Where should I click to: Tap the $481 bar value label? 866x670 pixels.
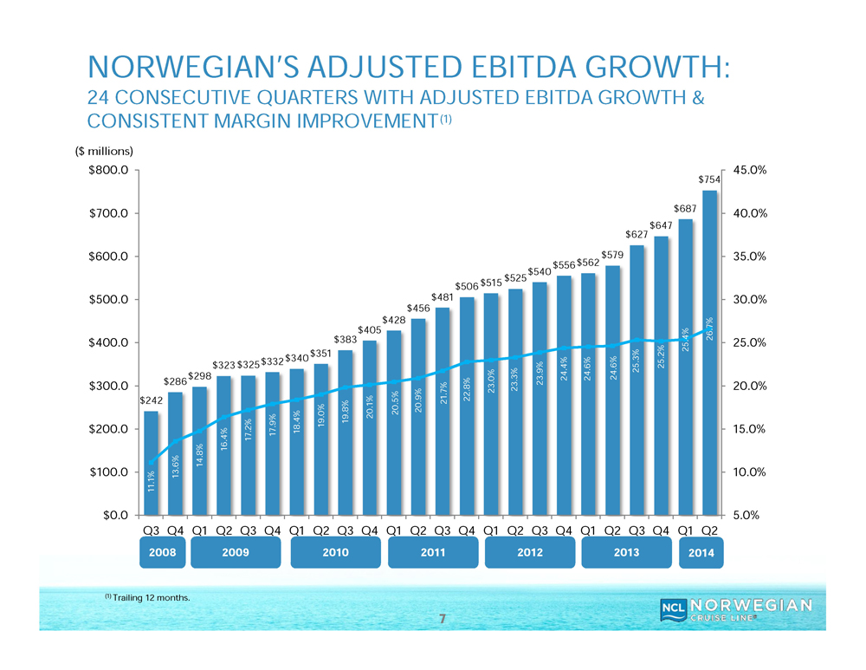pyautogui.click(x=443, y=297)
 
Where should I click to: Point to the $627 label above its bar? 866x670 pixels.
pyautogui.click(x=637, y=235)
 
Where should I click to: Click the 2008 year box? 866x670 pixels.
pyautogui.click(x=163, y=554)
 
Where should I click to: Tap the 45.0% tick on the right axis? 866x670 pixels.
pyautogui.click(x=750, y=171)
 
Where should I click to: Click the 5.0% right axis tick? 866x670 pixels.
pyautogui.click(x=750, y=516)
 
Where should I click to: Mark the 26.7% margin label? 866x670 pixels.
pyautogui.click(x=709, y=330)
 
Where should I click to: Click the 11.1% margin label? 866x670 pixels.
pyautogui.click(x=151, y=482)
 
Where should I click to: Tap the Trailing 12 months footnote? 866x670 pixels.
pyautogui.click(x=147, y=597)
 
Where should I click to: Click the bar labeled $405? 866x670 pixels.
pyautogui.click(x=370, y=428)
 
